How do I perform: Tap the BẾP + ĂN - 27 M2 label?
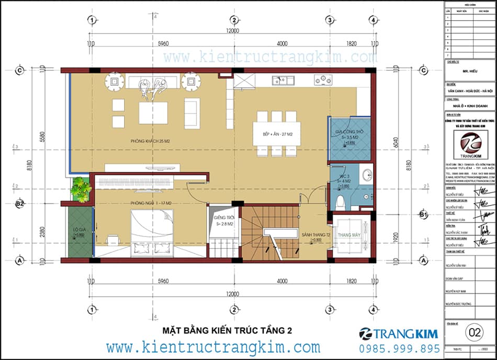(276, 134)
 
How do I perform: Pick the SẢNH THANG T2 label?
(311, 235)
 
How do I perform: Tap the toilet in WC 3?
(340, 201)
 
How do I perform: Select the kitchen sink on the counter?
(283, 80)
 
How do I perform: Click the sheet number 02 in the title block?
(475, 332)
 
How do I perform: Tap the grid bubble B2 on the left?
(20, 204)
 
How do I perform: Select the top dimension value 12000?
(232, 31)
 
